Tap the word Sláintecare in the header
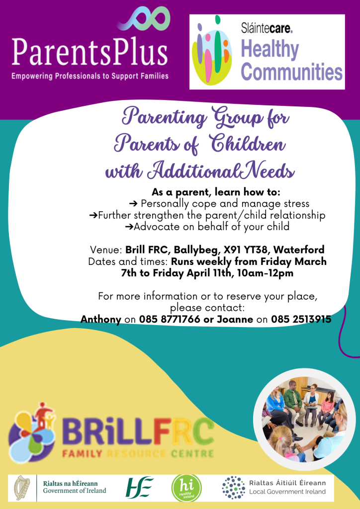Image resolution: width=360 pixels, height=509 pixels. coord(267,28)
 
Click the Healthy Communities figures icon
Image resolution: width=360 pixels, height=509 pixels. coord(212,50)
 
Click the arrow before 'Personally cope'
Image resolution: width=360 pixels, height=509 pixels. coord(133,204)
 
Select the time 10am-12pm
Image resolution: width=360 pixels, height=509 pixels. coord(265,273)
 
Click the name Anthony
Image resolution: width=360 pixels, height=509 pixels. coord(100,320)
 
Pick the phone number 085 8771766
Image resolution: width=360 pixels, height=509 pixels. coord(170,319)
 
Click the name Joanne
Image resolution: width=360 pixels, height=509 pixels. coord(235,319)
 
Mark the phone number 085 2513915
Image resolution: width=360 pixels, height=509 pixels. coord(301,319)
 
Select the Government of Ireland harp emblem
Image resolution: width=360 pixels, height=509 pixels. coord(22,488)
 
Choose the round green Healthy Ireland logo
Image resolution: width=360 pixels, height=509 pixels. coord(186,488)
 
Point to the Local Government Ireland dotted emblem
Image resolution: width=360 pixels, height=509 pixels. coord(234,488)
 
